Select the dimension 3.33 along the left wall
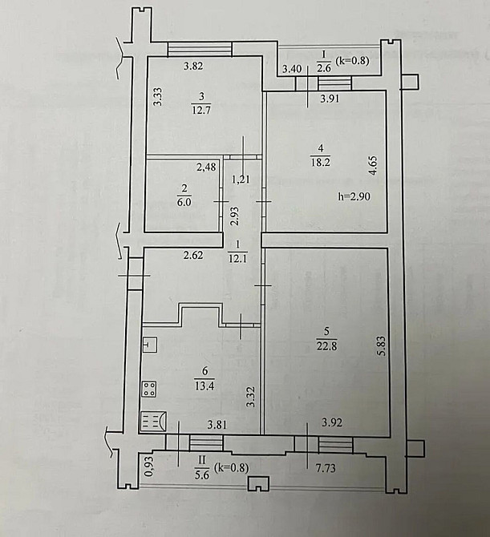pos(159,99)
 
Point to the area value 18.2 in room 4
pos(322,159)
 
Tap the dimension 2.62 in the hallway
pos(193,256)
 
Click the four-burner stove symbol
pos(149,390)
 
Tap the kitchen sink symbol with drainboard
pos(153,421)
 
